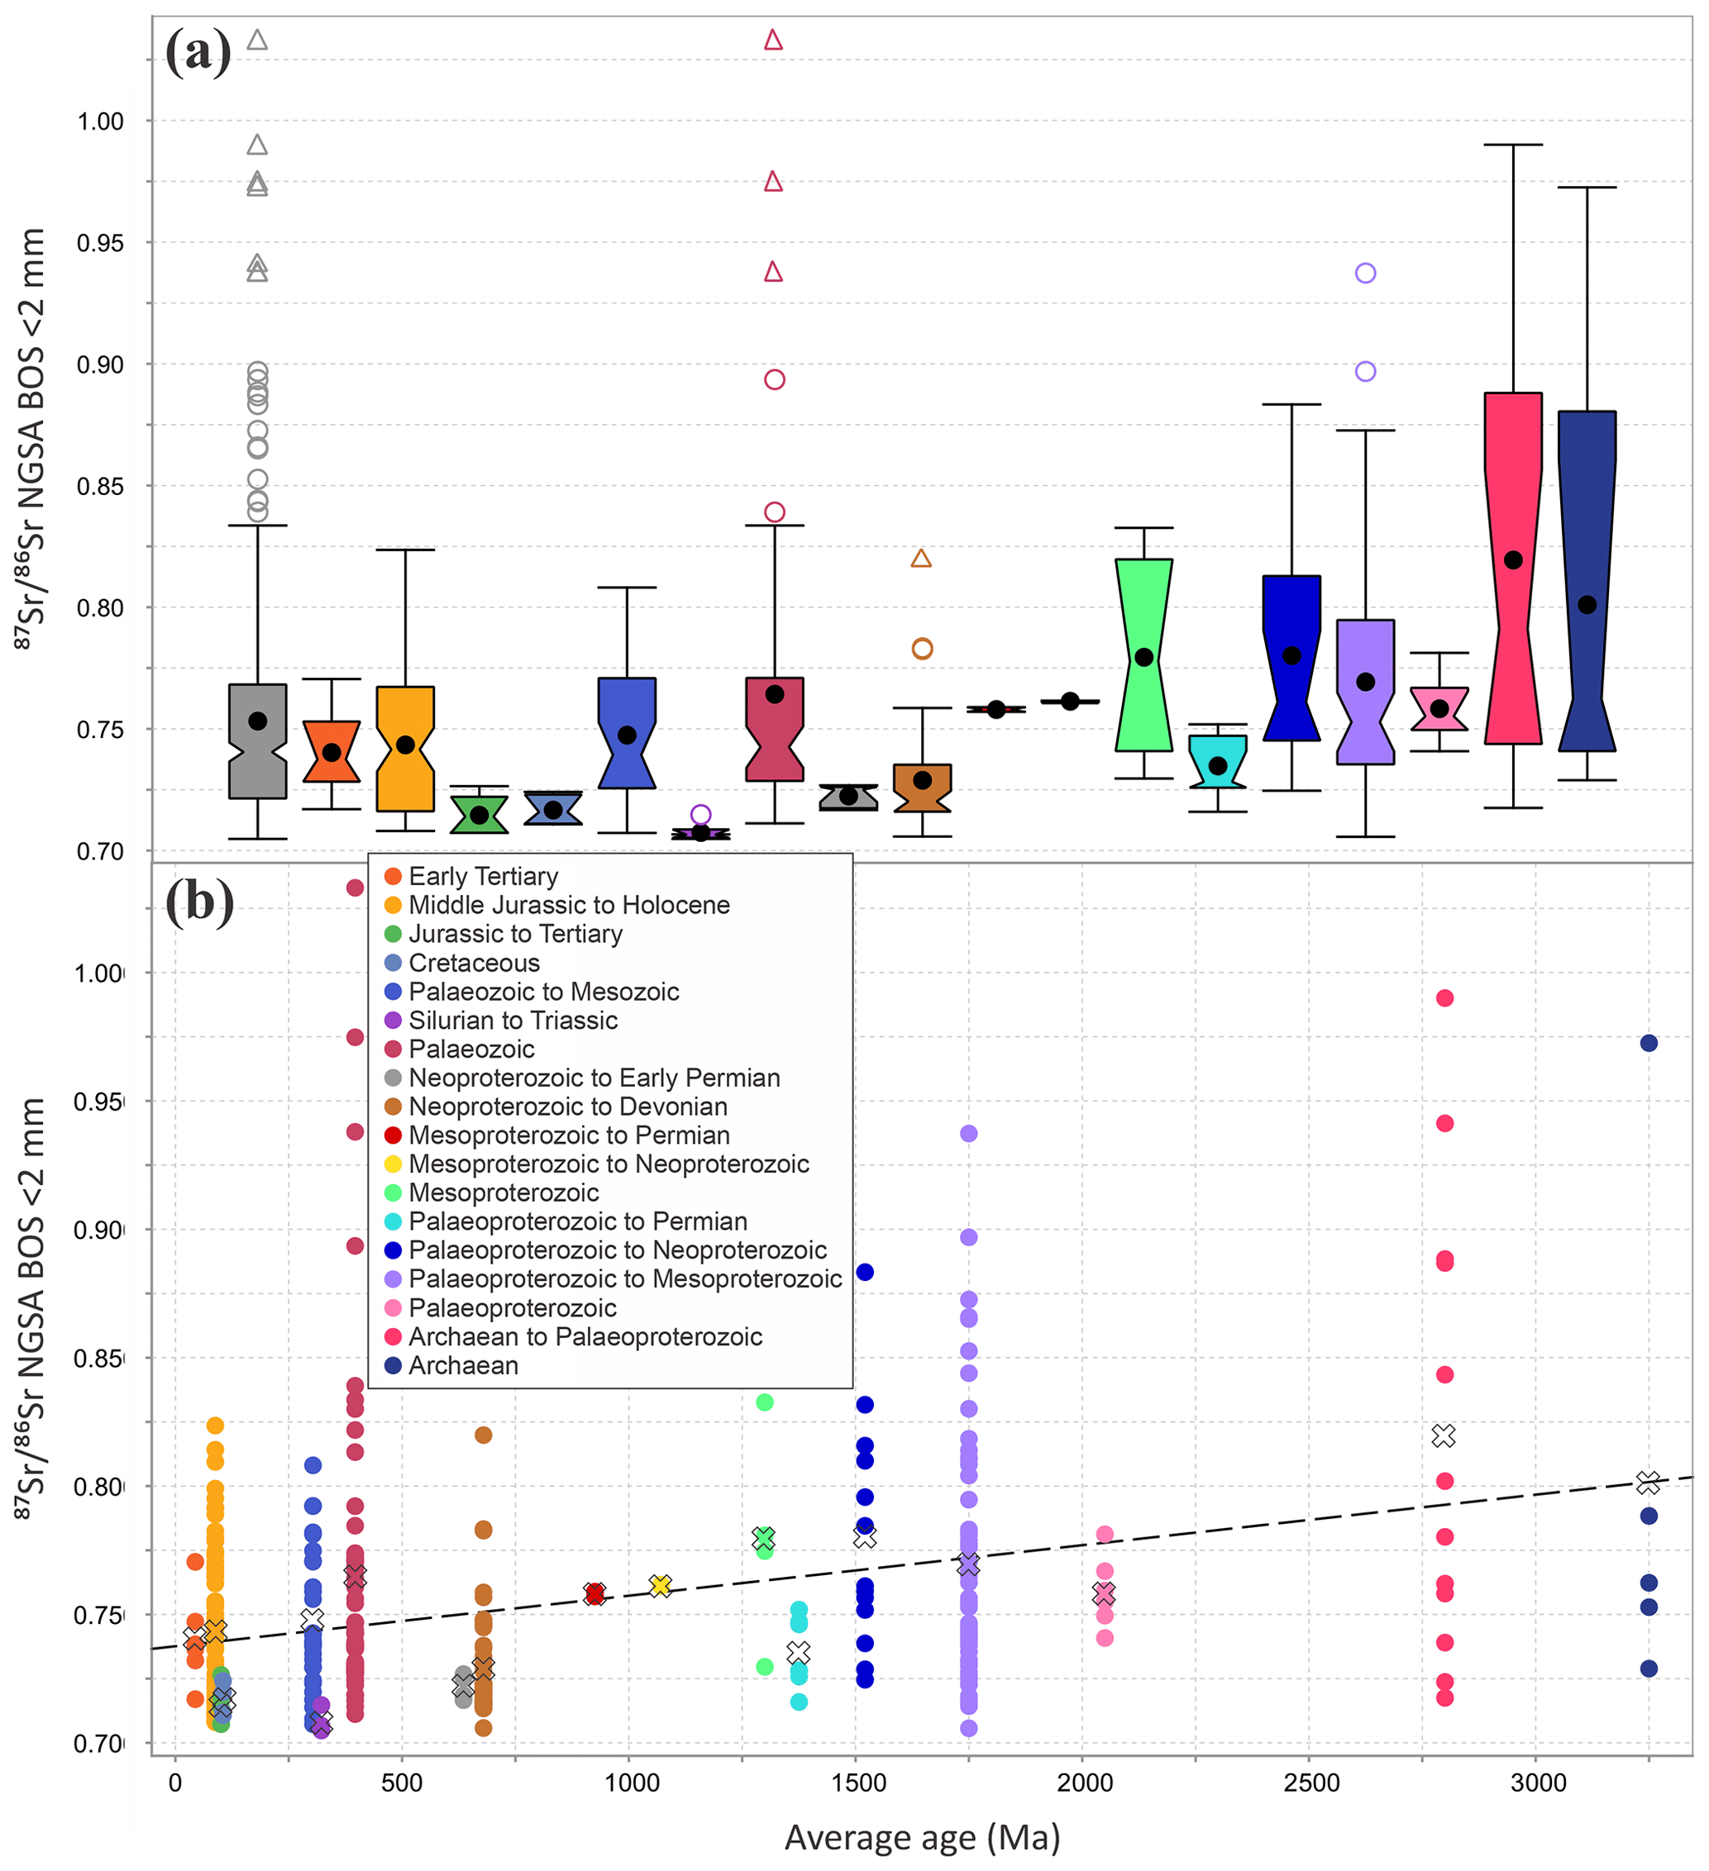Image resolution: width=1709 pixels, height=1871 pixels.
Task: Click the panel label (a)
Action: tap(198, 52)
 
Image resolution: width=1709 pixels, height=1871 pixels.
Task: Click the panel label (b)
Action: tap(198, 901)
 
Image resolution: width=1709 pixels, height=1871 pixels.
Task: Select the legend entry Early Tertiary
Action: tap(483, 876)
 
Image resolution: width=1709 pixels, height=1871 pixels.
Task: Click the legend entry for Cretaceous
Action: tap(474, 963)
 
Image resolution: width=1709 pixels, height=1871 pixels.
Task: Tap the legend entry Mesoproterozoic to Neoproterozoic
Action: tap(608, 1164)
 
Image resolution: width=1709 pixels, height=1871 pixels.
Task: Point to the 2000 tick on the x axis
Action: tap(1084, 1782)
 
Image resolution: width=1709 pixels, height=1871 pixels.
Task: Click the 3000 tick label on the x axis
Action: tap(1537, 1782)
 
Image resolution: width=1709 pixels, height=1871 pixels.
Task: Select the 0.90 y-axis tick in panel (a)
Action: tap(100, 364)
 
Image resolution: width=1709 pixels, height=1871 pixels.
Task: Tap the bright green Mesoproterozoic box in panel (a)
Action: tap(1143, 655)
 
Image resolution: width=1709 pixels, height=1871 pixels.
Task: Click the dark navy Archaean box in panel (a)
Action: tap(1587, 580)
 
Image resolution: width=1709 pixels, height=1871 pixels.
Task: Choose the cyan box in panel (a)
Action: tap(1218, 761)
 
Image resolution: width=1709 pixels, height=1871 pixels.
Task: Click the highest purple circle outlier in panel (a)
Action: tap(1364, 273)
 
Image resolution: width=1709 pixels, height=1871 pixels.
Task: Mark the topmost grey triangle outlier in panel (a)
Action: tap(257, 40)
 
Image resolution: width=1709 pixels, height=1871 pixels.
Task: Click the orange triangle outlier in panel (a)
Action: tap(921, 559)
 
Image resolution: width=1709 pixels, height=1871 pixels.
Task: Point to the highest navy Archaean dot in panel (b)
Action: tap(1649, 1043)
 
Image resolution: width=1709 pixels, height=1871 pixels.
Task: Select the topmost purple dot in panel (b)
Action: tap(968, 1133)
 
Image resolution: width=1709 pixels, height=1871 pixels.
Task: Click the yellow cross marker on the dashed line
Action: tap(660, 1585)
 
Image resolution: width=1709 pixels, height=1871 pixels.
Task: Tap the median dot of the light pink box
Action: tap(1439, 708)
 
